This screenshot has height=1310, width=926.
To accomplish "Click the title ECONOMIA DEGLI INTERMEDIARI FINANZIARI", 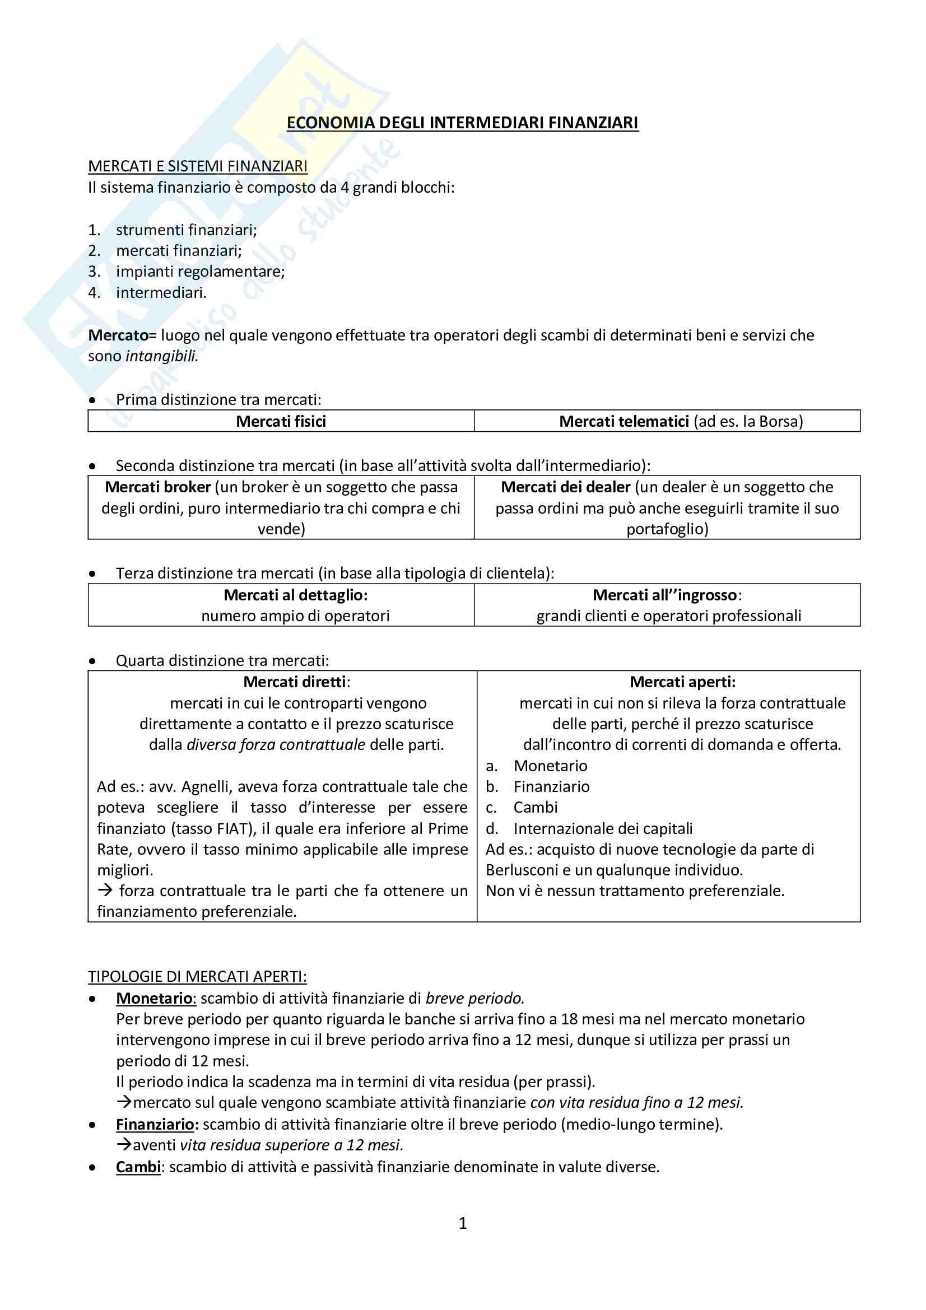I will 462,123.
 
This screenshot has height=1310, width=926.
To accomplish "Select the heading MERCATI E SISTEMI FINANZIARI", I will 197,166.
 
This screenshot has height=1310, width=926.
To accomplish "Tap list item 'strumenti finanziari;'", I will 186,230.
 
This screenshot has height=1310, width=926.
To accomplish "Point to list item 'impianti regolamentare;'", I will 199,272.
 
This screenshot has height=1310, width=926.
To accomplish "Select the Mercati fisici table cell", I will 281,422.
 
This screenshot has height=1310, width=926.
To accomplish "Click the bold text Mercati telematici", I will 623,422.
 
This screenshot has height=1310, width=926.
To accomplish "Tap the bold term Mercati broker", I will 157,487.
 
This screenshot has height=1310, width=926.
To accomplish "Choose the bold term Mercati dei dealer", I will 565,487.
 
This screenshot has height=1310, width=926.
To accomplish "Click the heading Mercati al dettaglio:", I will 296,595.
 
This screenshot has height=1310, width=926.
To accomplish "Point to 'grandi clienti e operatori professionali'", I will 668,616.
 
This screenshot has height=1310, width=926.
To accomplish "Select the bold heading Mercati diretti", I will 295,682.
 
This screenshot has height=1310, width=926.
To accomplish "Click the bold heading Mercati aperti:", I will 682,682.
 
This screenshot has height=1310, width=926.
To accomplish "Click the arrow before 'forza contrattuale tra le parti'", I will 104,891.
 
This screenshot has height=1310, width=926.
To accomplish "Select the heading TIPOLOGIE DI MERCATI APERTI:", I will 197,977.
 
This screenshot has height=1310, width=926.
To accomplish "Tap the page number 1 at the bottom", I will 463,1223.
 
